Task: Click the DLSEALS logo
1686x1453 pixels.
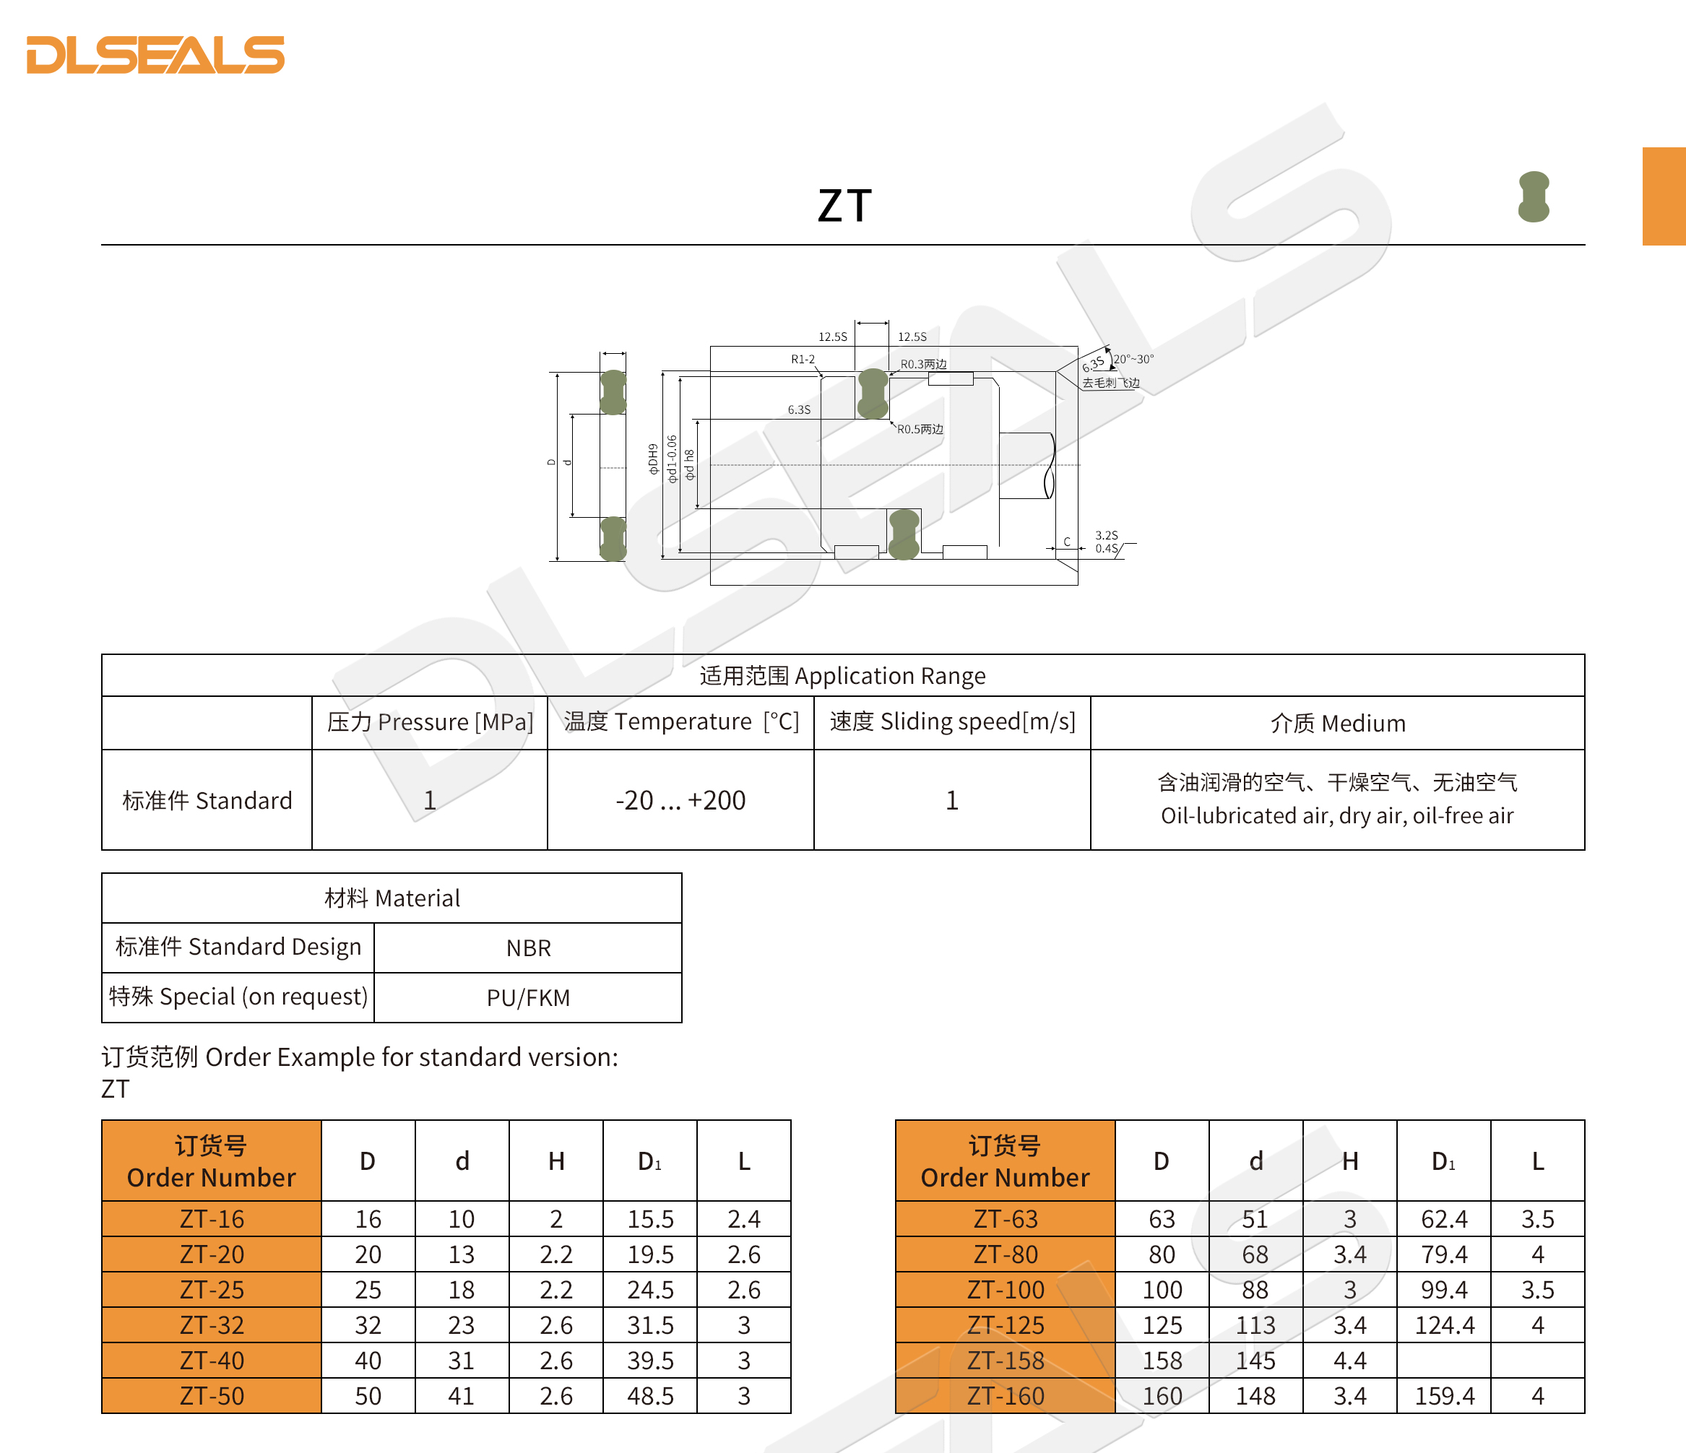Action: (x=155, y=54)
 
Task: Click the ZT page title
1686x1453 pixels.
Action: (x=844, y=205)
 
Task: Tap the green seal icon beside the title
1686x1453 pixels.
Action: (x=1533, y=197)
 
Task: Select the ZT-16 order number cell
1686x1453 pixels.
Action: (x=212, y=1219)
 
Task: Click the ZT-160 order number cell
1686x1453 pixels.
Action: (x=1005, y=1396)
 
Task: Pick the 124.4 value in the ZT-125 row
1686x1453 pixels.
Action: (x=1444, y=1325)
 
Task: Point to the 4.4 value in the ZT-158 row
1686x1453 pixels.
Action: (x=1350, y=1361)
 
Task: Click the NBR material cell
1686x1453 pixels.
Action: (x=528, y=947)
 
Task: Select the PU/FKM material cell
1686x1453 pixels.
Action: (x=528, y=997)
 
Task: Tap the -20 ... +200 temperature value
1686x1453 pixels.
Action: (x=680, y=801)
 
